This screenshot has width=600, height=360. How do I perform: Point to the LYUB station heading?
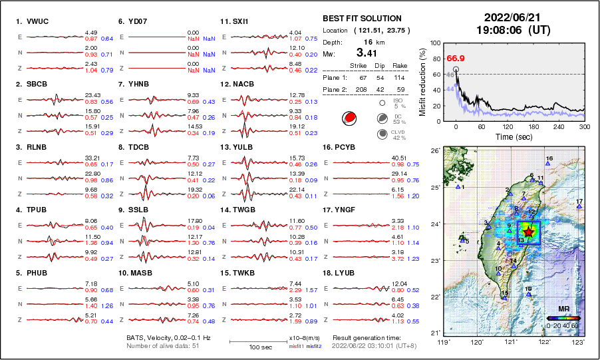(347, 273)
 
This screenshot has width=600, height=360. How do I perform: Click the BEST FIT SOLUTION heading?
(362, 19)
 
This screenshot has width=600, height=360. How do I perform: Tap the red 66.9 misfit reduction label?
(456, 59)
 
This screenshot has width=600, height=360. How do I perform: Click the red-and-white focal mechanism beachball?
(348, 118)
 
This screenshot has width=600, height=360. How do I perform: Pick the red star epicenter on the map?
(529, 232)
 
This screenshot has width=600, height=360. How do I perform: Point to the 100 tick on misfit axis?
(436, 43)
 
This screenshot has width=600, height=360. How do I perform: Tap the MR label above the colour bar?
(563, 309)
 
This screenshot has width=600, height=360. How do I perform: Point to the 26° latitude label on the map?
(433, 151)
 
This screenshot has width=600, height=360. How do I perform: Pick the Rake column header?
(402, 66)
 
